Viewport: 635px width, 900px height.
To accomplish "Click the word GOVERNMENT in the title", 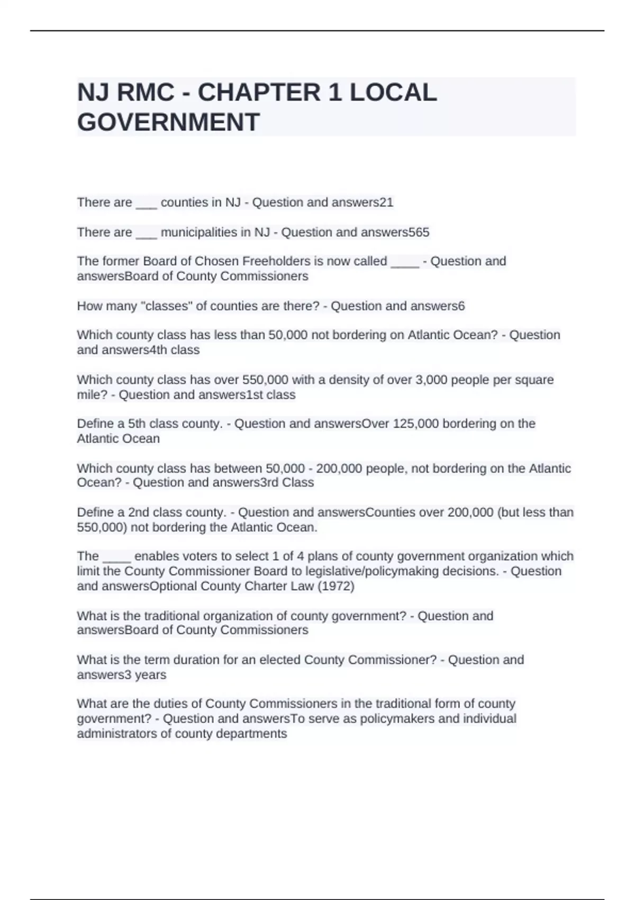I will (168, 122).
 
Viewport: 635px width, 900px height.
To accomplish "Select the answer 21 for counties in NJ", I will (387, 202).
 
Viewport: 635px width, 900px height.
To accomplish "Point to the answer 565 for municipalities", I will (419, 232).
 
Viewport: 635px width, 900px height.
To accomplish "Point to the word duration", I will (215, 660).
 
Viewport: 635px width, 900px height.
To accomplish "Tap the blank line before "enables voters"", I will (116, 556).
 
